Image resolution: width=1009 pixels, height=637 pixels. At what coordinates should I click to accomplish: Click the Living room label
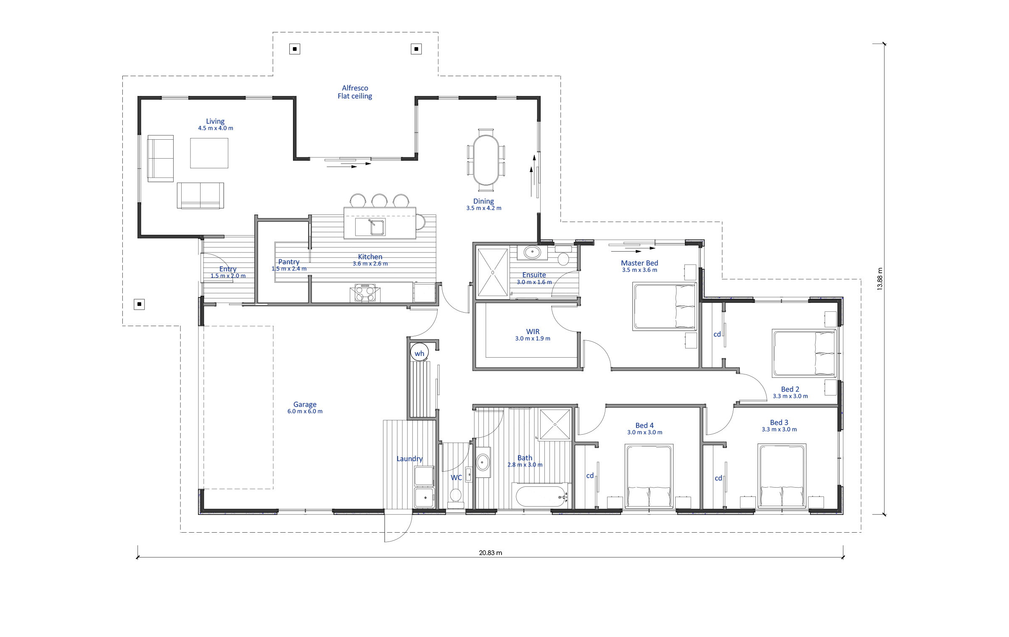click(215, 121)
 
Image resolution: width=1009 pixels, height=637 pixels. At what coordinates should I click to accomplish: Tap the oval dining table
click(486, 160)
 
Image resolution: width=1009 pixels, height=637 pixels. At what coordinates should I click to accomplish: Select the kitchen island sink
click(370, 227)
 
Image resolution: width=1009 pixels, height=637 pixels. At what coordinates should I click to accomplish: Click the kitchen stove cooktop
click(365, 293)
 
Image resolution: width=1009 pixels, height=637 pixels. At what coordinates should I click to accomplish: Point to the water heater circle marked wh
click(420, 353)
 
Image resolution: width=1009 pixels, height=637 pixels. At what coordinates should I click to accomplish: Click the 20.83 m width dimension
click(490, 553)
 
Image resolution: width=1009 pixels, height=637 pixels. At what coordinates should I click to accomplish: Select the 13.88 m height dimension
click(880, 279)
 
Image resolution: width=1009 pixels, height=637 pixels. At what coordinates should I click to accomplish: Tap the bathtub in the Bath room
click(541, 496)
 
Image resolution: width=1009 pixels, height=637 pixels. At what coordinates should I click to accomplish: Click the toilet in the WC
click(455, 496)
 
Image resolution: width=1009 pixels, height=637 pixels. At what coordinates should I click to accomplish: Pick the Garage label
click(305, 404)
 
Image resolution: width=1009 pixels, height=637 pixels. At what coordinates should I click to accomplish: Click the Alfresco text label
click(355, 88)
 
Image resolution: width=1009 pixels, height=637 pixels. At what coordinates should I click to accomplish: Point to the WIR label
click(533, 332)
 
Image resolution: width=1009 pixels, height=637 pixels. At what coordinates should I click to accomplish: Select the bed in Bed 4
click(649, 476)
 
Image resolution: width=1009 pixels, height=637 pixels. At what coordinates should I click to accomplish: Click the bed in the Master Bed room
click(665, 306)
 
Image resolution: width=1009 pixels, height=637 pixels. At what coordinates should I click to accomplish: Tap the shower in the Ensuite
click(493, 272)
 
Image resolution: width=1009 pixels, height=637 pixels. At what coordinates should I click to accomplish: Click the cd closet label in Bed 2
click(717, 334)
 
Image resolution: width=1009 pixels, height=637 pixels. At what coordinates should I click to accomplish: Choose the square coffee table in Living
click(209, 153)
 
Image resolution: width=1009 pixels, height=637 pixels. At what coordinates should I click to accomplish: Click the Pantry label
click(289, 262)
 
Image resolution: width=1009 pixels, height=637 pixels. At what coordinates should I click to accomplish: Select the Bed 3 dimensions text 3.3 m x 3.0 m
click(779, 430)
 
